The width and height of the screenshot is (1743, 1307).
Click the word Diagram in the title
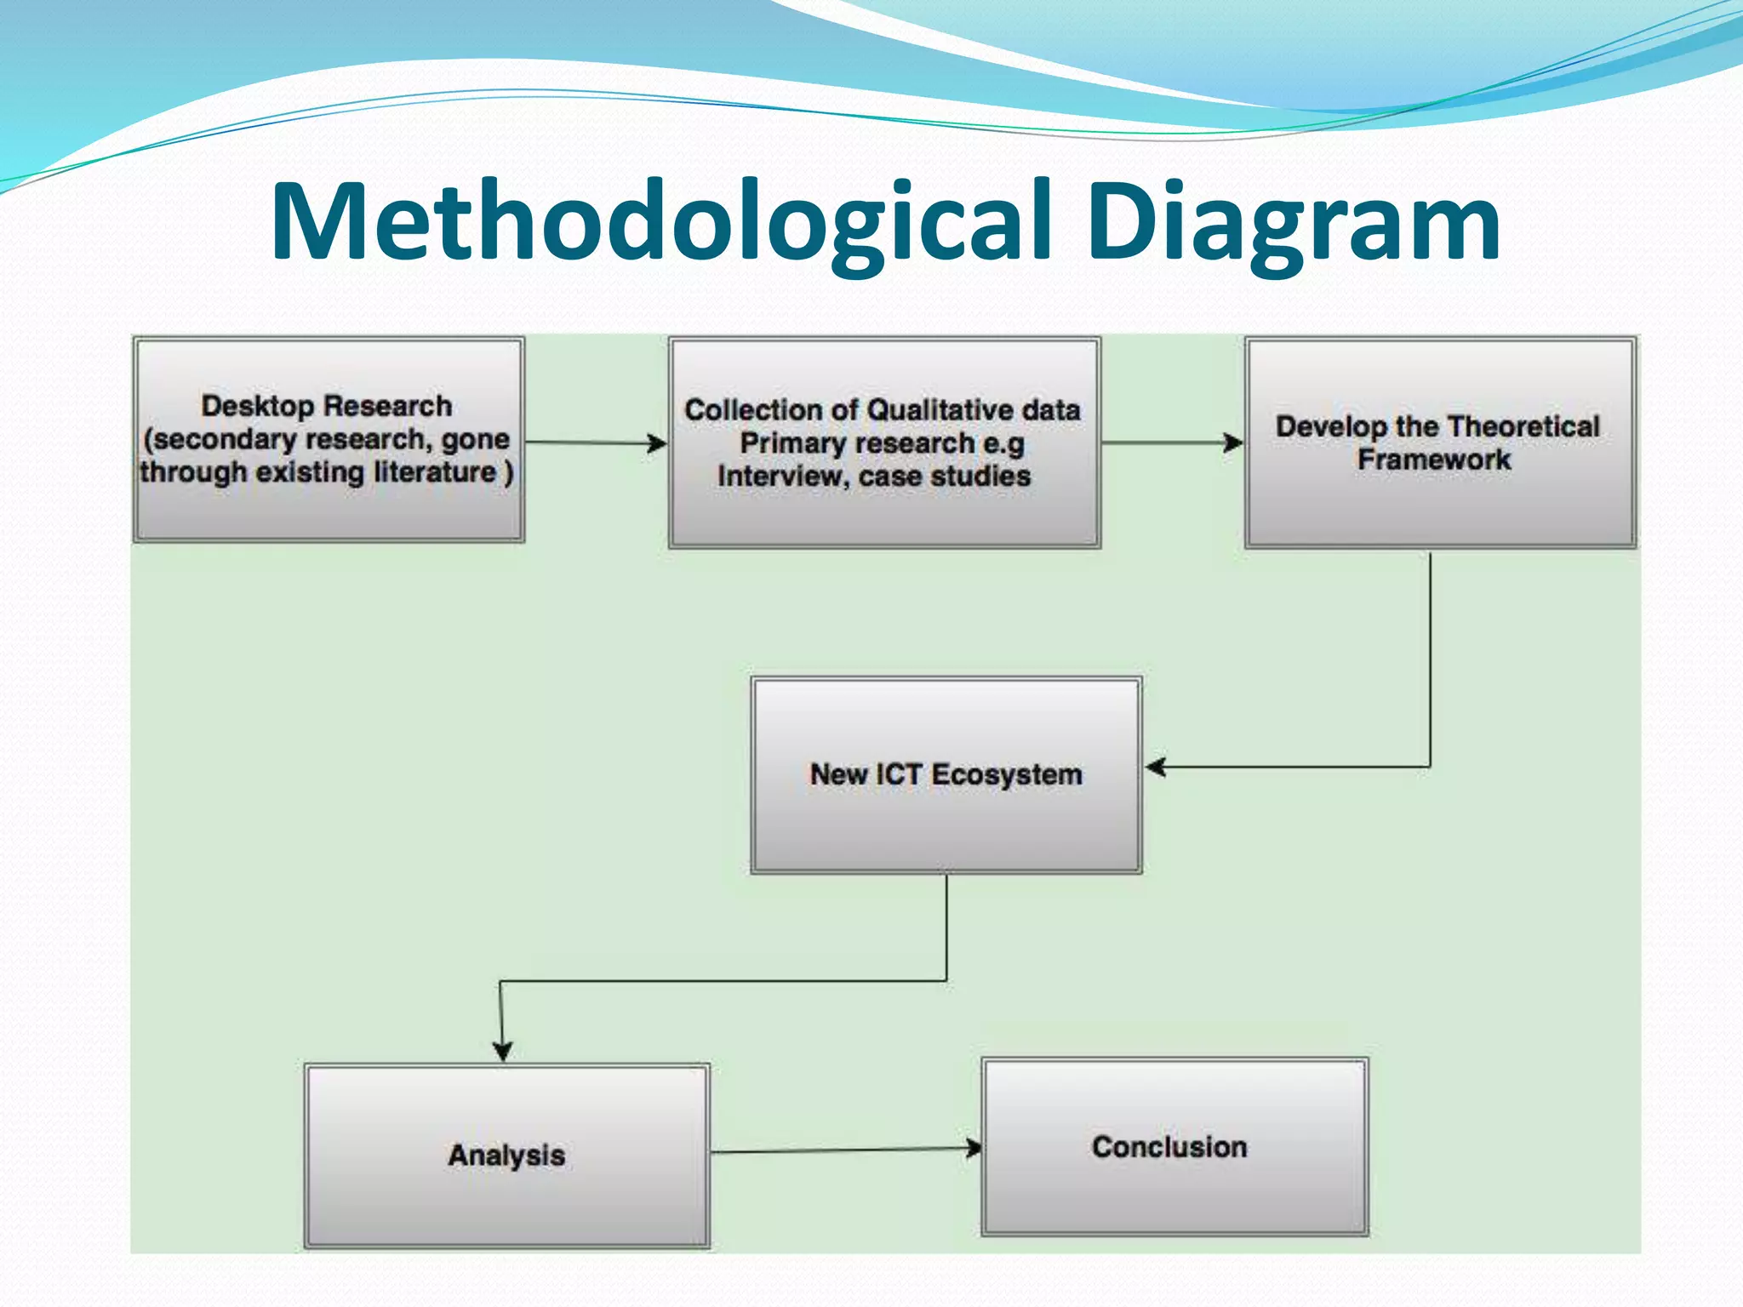[1294, 223]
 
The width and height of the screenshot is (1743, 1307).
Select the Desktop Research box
[329, 439]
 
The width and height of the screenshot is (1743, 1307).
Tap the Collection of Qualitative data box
[883, 442]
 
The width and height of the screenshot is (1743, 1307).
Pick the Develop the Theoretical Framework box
[1440, 442]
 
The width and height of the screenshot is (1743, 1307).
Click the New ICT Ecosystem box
[946, 775]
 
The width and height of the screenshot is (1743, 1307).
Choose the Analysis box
[506, 1156]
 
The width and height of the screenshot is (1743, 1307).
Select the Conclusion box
[1174, 1147]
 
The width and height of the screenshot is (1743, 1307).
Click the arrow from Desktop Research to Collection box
[596, 442]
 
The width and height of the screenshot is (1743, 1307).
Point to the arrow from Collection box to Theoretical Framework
[1171, 442]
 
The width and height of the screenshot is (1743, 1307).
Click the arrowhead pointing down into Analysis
[502, 1050]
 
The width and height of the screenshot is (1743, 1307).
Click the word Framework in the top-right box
[1434, 459]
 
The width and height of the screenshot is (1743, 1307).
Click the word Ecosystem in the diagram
[1007, 775]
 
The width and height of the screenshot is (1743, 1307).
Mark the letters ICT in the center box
[899, 774]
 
